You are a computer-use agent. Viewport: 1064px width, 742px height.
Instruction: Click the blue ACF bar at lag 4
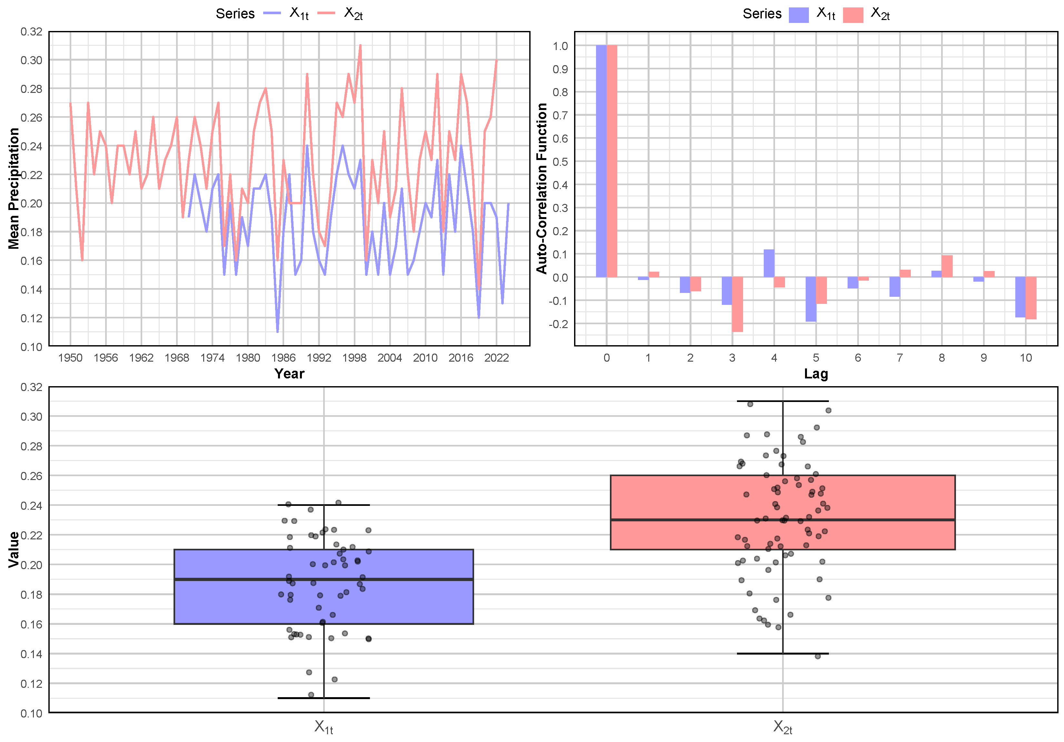(769, 263)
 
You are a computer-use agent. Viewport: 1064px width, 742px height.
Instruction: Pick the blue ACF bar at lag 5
(810, 299)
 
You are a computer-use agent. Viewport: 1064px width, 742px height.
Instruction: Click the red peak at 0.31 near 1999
(360, 45)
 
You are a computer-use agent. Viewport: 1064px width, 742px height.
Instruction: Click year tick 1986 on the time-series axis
(283, 358)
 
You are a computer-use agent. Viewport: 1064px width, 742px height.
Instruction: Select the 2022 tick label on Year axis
(496, 358)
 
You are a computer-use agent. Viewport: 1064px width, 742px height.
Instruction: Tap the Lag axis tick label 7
(900, 358)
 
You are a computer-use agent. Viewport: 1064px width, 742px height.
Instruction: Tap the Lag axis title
(816, 374)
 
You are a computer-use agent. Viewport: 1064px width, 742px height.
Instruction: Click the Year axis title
(289, 374)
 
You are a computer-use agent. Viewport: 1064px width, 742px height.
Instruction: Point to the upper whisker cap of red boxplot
(783, 401)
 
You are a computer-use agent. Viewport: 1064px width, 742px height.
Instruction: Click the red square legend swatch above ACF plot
(853, 15)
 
